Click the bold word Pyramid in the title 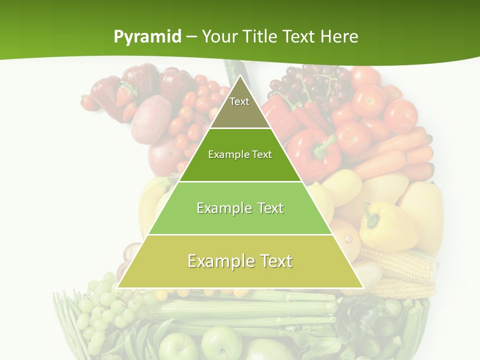147,37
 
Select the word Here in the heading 339,37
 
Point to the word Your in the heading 220,37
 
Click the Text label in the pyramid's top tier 239,101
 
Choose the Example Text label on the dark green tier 240,154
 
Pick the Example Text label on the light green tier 240,208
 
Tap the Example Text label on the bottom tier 240,261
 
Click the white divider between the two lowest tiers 240,234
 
